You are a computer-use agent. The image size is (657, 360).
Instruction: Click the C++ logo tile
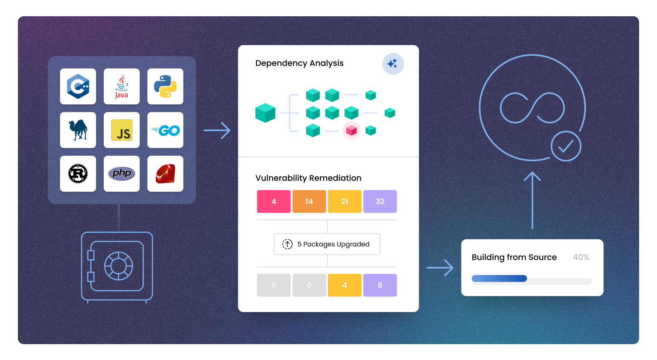(x=78, y=87)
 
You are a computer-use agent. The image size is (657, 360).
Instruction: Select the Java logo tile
(x=122, y=87)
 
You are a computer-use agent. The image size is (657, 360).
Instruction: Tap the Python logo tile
(x=165, y=87)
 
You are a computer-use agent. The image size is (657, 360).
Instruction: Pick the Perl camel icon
(x=78, y=130)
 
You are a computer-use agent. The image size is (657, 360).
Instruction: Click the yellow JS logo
(x=122, y=130)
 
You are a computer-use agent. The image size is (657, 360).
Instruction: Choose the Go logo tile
(x=165, y=130)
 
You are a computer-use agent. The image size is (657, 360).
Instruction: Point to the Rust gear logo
(x=78, y=173)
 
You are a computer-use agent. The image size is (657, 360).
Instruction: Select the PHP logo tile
(x=122, y=173)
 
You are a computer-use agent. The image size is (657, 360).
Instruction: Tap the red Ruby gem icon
(x=165, y=173)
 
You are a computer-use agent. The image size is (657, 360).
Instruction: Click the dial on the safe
(x=118, y=266)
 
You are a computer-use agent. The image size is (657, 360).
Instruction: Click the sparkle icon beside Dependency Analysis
(x=393, y=64)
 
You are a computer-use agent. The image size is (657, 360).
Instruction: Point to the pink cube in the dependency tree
(x=351, y=130)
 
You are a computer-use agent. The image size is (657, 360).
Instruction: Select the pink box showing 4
(x=274, y=202)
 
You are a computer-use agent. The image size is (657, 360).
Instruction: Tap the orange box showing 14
(x=309, y=202)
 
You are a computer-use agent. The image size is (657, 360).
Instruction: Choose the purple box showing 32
(x=380, y=202)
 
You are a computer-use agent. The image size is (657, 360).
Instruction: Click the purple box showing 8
(x=380, y=285)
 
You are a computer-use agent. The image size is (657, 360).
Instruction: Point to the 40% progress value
(x=581, y=257)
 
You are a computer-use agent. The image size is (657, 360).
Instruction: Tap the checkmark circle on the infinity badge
(x=566, y=146)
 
